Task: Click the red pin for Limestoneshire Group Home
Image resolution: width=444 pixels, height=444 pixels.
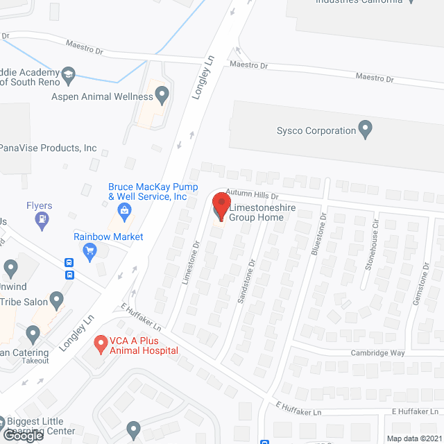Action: (x=221, y=206)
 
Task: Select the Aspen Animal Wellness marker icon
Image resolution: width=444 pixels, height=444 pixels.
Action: (x=162, y=94)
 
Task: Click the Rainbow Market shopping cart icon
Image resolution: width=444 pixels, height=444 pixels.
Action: (x=89, y=250)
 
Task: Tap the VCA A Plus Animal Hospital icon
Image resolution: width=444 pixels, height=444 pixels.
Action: (x=100, y=343)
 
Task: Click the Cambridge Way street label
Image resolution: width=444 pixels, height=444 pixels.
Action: (x=377, y=353)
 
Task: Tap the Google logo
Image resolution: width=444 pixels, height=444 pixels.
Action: (x=22, y=436)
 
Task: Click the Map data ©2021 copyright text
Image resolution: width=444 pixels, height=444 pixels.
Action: (x=413, y=438)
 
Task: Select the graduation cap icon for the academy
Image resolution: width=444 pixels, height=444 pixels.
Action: (x=68, y=74)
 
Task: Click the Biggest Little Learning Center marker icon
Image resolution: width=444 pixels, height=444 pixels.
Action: (x=134, y=427)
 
